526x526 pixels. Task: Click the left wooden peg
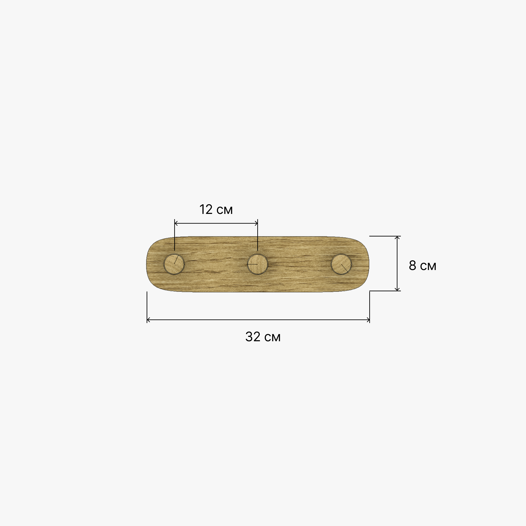click(x=174, y=264)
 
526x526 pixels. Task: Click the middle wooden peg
click(x=258, y=264)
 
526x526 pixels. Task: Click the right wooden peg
click(x=341, y=264)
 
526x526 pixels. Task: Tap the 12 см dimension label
click(x=216, y=210)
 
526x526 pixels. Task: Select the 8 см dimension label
click(x=423, y=266)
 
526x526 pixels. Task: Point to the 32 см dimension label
click(x=263, y=337)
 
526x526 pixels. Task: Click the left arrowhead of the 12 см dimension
click(x=176, y=223)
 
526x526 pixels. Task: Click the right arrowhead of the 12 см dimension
click(x=256, y=223)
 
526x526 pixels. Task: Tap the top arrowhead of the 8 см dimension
click(x=397, y=237)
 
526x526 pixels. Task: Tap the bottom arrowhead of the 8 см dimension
click(x=397, y=289)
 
